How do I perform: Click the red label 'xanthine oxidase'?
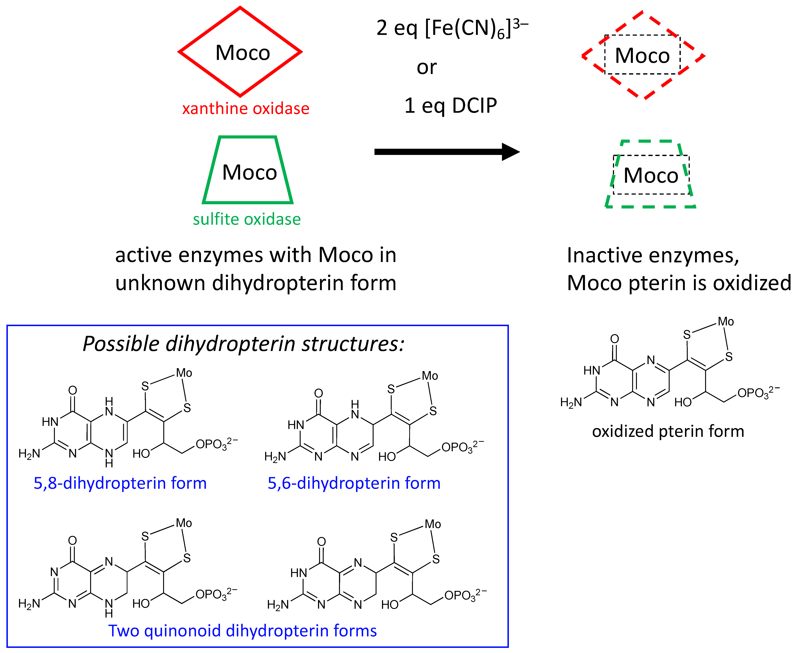(x=245, y=109)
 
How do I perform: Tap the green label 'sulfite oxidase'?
(x=246, y=219)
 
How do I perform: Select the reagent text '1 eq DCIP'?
(x=451, y=106)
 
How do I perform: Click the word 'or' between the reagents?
(x=426, y=68)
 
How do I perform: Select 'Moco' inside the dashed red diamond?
(x=642, y=56)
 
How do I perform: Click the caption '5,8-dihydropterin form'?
(x=120, y=483)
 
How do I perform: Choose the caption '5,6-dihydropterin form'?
(x=354, y=483)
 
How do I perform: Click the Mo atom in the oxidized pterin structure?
(x=725, y=322)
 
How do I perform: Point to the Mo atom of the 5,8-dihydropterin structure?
(x=184, y=373)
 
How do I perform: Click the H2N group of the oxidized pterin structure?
(x=571, y=403)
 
